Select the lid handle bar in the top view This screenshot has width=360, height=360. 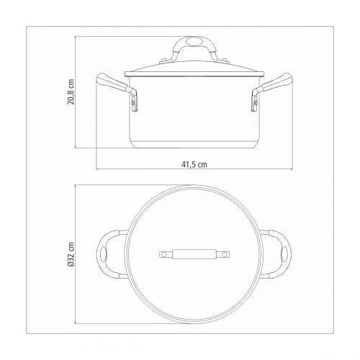pyautogui.click(x=193, y=254)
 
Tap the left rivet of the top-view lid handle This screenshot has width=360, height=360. pyautogui.click(x=163, y=254)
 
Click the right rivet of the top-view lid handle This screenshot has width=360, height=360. pyautogui.click(x=222, y=254)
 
